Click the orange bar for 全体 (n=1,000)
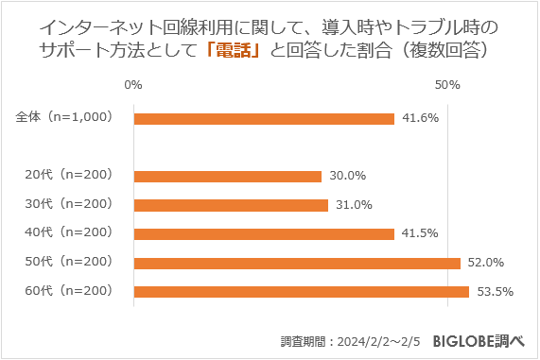(x=264, y=119)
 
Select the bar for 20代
(x=228, y=176)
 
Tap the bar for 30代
(x=231, y=205)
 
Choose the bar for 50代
(x=297, y=263)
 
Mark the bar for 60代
(x=302, y=292)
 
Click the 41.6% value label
(x=420, y=119)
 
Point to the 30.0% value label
(x=347, y=176)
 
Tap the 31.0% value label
(x=354, y=205)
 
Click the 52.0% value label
(x=486, y=263)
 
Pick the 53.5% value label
(x=496, y=292)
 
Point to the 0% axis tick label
(x=133, y=85)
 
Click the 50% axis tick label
(x=447, y=85)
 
